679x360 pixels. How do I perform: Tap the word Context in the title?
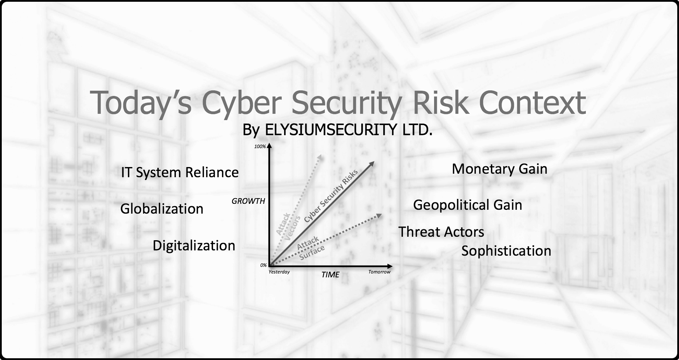coord(532,103)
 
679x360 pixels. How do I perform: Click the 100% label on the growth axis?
coord(260,146)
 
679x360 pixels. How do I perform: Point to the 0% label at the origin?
coord(263,265)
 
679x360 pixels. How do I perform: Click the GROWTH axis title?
coord(248,201)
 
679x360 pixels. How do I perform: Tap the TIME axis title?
coord(330,275)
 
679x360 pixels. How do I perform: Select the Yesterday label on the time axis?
coord(279,272)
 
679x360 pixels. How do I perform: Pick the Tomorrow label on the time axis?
coord(379,272)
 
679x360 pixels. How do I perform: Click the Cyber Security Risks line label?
coord(331,196)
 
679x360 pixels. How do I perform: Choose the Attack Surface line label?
coord(310,248)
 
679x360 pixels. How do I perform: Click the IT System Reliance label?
coord(180,173)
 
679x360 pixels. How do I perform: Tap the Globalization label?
coord(162,209)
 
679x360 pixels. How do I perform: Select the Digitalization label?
coord(194,246)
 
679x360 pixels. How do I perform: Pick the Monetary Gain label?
coord(500,169)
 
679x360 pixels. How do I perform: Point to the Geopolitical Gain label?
coord(468,205)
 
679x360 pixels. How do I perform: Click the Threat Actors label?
coord(441,232)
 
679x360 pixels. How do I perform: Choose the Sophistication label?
coord(506,251)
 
